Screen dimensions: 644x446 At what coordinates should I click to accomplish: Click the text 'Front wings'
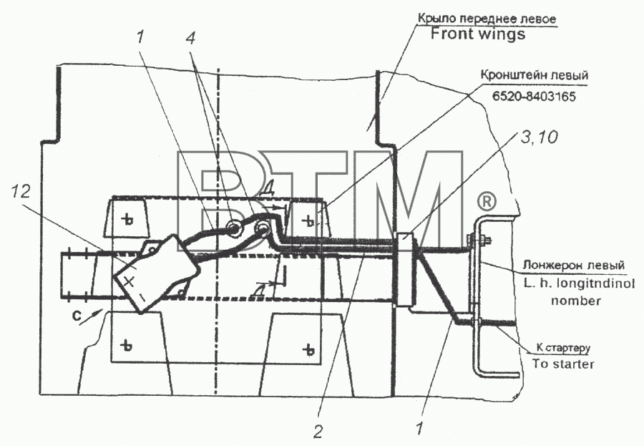click(x=478, y=34)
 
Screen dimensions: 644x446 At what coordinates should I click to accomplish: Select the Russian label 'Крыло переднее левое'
click(x=487, y=19)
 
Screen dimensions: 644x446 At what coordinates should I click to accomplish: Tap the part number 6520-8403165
click(x=534, y=96)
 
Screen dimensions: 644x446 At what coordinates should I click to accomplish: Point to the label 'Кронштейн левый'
click(x=535, y=75)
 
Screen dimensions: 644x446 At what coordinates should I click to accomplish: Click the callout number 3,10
click(x=540, y=137)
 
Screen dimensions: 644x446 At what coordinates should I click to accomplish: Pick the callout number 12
click(x=21, y=192)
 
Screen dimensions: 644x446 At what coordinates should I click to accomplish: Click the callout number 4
click(x=190, y=38)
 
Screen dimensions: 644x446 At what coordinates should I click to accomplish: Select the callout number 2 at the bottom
click(x=318, y=431)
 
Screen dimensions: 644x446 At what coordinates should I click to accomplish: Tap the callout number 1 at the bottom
click(x=419, y=429)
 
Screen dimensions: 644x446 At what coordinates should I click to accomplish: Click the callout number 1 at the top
click(x=140, y=38)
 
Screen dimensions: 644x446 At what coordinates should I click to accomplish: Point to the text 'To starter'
click(x=563, y=364)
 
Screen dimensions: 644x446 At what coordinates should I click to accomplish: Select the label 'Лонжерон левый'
click(x=573, y=265)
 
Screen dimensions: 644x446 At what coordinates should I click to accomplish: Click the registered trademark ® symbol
click(x=487, y=202)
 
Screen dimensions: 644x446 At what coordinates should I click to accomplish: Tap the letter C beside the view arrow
click(x=76, y=316)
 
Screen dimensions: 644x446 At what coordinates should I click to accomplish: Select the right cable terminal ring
click(x=262, y=228)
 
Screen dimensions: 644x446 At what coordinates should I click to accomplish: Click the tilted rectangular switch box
click(x=156, y=272)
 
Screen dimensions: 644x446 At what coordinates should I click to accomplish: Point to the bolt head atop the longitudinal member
click(x=479, y=239)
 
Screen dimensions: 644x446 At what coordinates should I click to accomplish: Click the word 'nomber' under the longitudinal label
click(x=576, y=301)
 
